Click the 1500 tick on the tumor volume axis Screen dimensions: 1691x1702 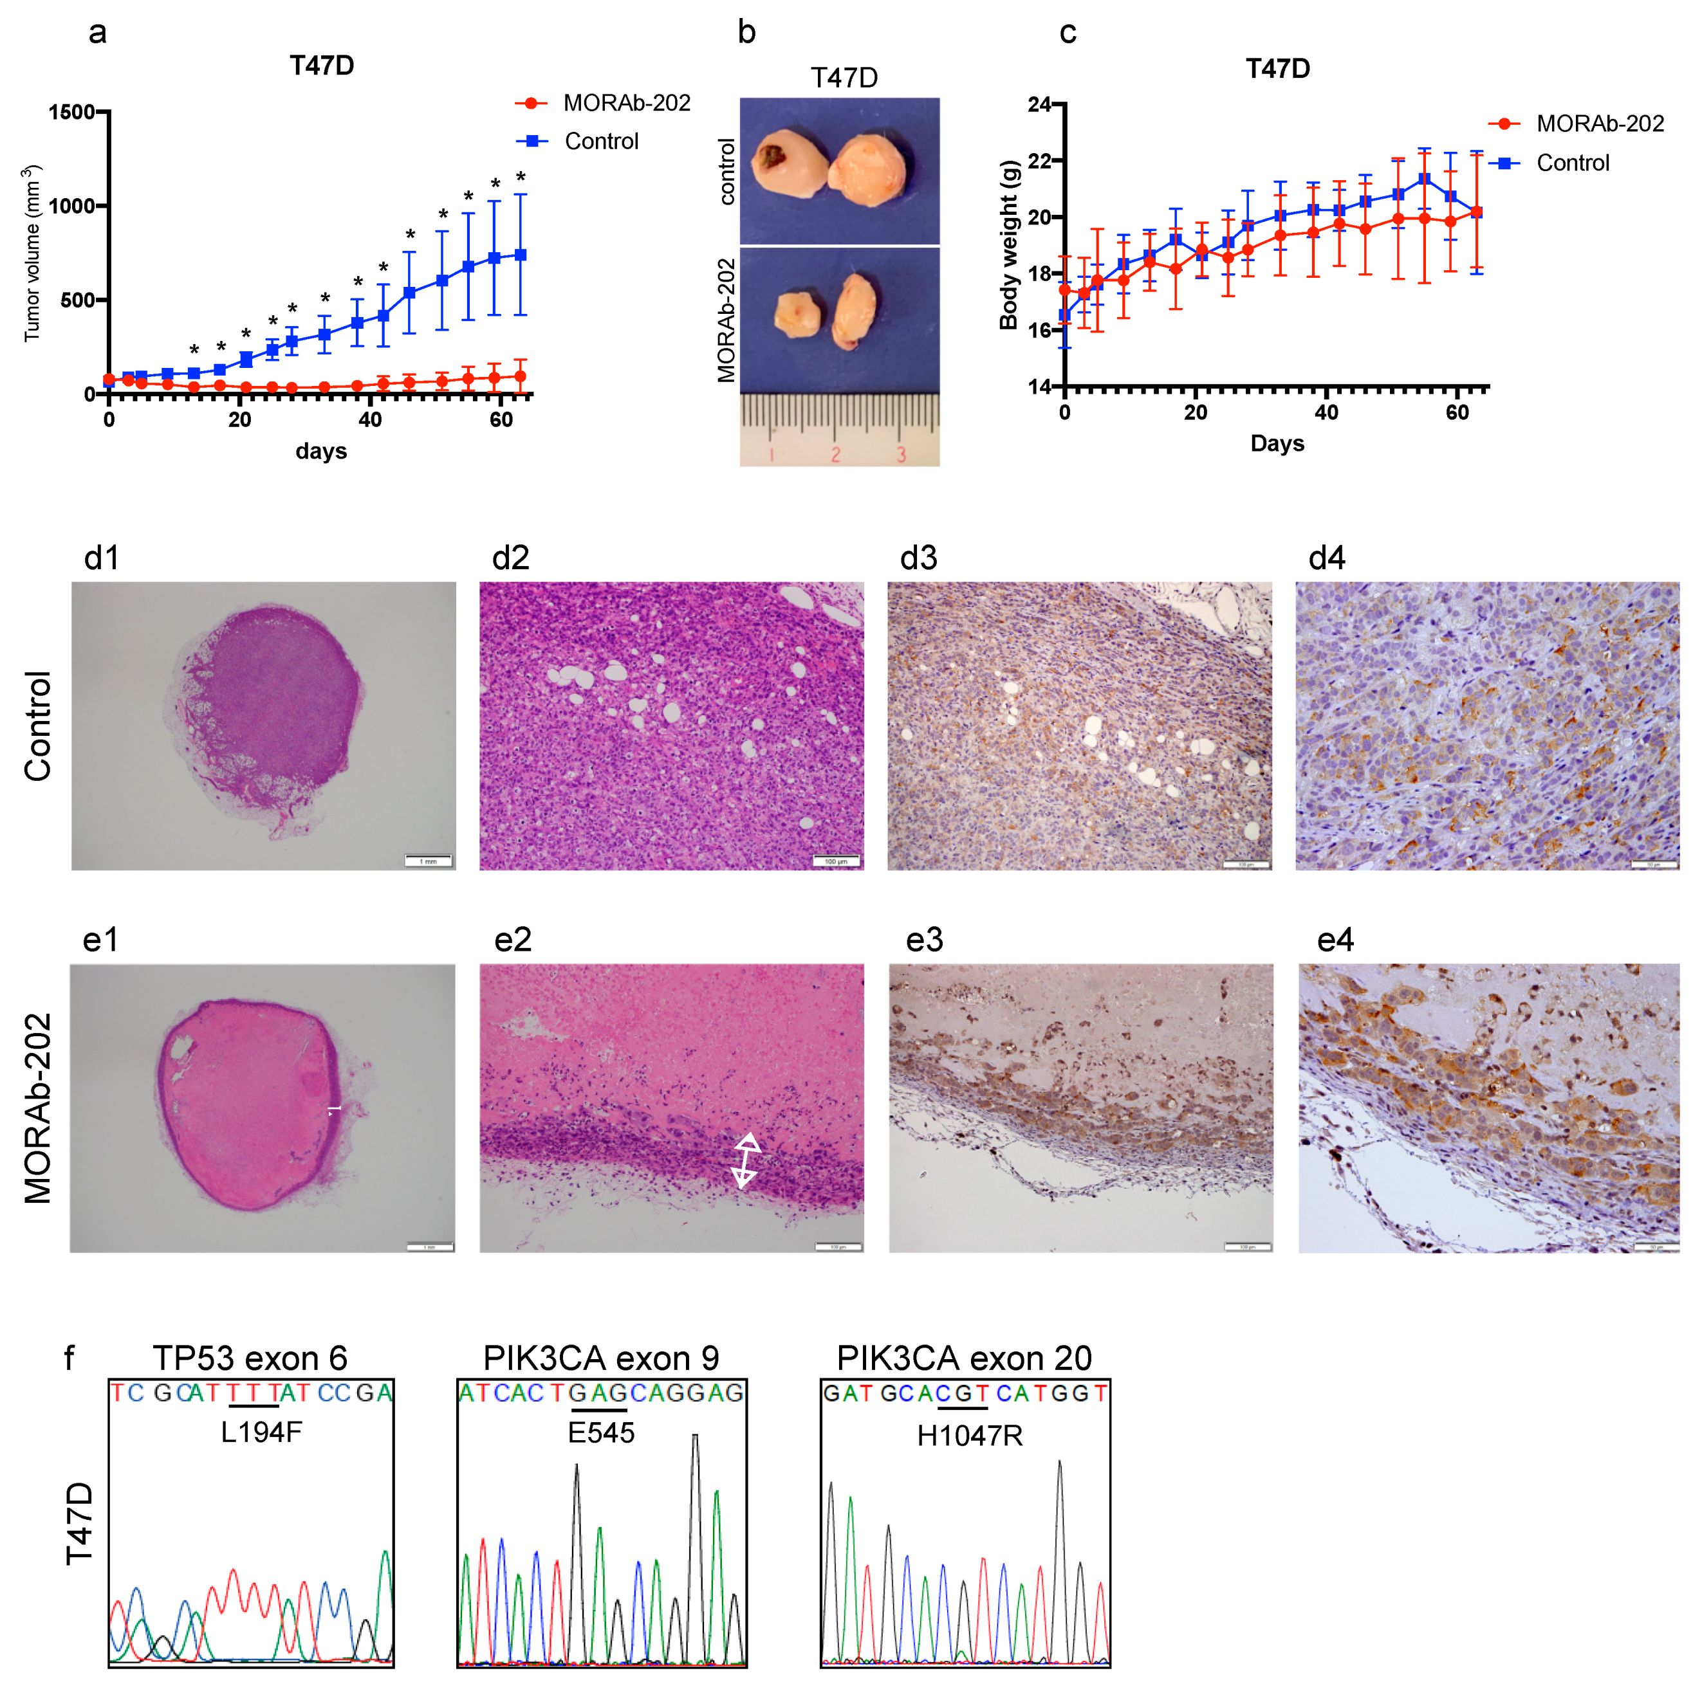[x=72, y=112]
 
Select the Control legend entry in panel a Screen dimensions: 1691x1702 [x=601, y=141]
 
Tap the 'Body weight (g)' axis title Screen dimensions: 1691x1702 [x=1009, y=245]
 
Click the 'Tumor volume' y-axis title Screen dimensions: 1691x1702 [x=32, y=253]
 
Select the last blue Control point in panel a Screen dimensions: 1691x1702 [x=521, y=255]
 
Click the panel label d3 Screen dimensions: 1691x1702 [x=918, y=558]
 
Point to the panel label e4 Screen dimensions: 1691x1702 [x=1334, y=940]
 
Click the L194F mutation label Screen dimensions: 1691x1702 [x=261, y=1432]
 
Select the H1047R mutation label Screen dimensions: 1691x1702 [x=969, y=1436]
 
